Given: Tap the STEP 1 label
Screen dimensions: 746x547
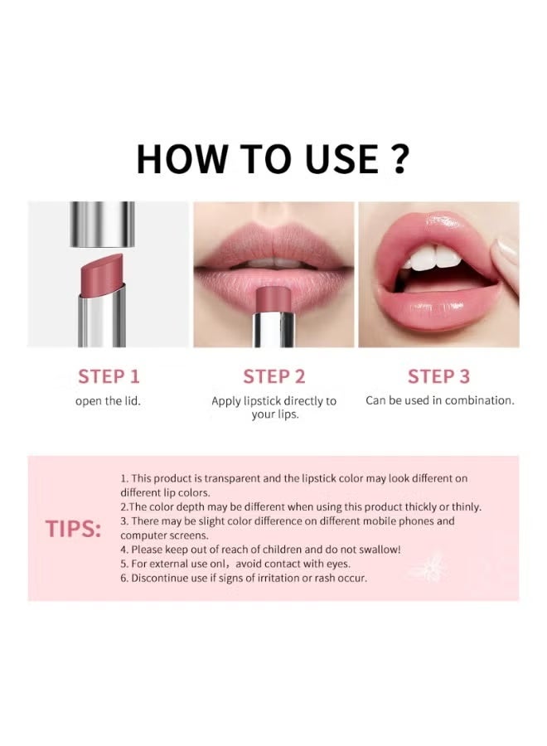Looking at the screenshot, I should pos(109,376).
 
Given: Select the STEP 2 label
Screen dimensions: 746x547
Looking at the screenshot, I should pos(273,376).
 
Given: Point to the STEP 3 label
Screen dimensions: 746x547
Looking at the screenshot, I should pos(438,376).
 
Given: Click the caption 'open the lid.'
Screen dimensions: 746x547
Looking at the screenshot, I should pos(109,400).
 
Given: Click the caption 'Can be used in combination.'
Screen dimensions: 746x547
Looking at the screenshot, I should pos(439,400).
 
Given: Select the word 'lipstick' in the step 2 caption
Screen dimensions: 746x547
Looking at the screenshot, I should pos(267,401).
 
